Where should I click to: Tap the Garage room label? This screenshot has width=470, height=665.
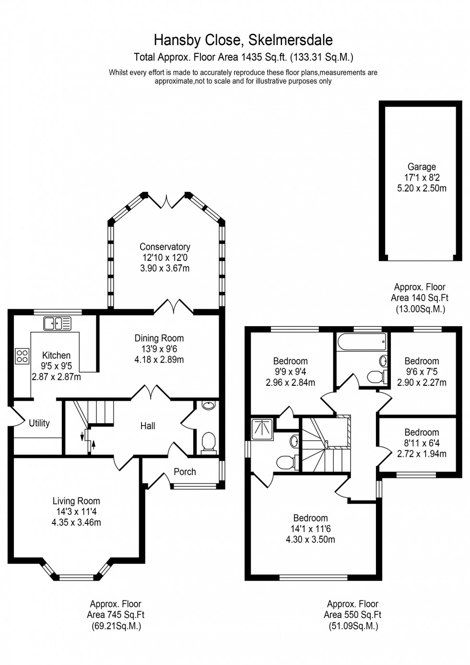pos(422,167)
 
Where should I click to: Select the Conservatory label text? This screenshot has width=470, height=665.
pos(164,247)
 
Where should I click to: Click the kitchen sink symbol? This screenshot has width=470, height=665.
pos(57,323)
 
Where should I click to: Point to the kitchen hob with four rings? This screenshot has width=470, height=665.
pos(22,356)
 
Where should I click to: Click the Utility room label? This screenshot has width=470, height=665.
pos(39,423)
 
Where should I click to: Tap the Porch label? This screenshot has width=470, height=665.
pos(185,472)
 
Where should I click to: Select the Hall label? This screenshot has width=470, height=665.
pos(148,426)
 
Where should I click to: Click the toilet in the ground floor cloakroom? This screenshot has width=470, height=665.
pos(209,441)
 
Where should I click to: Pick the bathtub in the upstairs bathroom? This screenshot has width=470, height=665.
pos(362,343)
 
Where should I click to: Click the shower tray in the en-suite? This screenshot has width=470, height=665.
pos(262,426)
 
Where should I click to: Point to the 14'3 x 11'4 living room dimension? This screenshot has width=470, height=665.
pos(76,512)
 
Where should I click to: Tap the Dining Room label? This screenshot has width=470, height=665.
pos(159,338)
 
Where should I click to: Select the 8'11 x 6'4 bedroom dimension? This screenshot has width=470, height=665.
pos(422,443)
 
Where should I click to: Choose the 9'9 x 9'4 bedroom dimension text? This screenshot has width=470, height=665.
pos(290,372)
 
